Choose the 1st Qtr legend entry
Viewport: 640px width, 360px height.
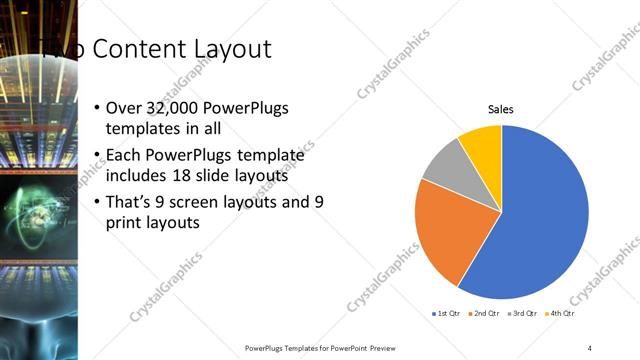444,314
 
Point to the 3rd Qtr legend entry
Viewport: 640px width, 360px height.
523,314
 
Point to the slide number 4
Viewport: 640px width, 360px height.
590,347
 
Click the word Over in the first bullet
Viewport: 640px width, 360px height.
125,108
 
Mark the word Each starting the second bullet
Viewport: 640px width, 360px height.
125,155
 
